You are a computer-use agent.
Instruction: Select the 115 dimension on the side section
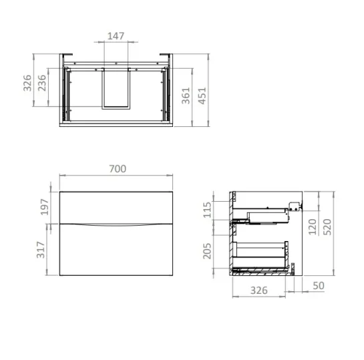point(207,210)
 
